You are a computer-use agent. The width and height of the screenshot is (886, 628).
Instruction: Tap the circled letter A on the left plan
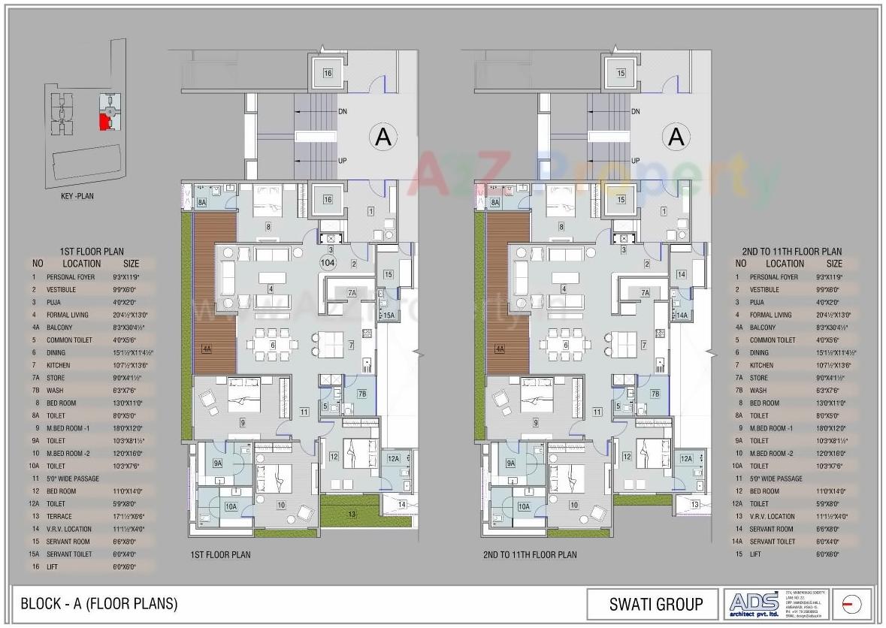(383, 137)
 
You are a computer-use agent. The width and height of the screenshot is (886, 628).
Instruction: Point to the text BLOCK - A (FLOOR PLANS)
(99, 603)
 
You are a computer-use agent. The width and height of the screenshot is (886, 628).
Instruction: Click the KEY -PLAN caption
(78, 196)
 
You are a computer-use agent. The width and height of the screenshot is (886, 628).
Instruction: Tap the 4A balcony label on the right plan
(499, 349)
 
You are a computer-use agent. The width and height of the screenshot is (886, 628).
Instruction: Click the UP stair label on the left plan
(342, 161)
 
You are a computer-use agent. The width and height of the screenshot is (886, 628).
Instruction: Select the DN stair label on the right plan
(635, 112)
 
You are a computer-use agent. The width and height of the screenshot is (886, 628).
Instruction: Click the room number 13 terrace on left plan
(352, 515)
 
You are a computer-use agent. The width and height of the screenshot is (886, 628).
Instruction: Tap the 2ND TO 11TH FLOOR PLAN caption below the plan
(530, 555)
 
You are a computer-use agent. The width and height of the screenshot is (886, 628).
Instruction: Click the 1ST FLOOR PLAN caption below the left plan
(220, 555)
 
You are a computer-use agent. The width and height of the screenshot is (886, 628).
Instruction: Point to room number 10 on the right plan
(573, 506)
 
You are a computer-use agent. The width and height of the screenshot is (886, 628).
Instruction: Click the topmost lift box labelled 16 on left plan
(328, 73)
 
